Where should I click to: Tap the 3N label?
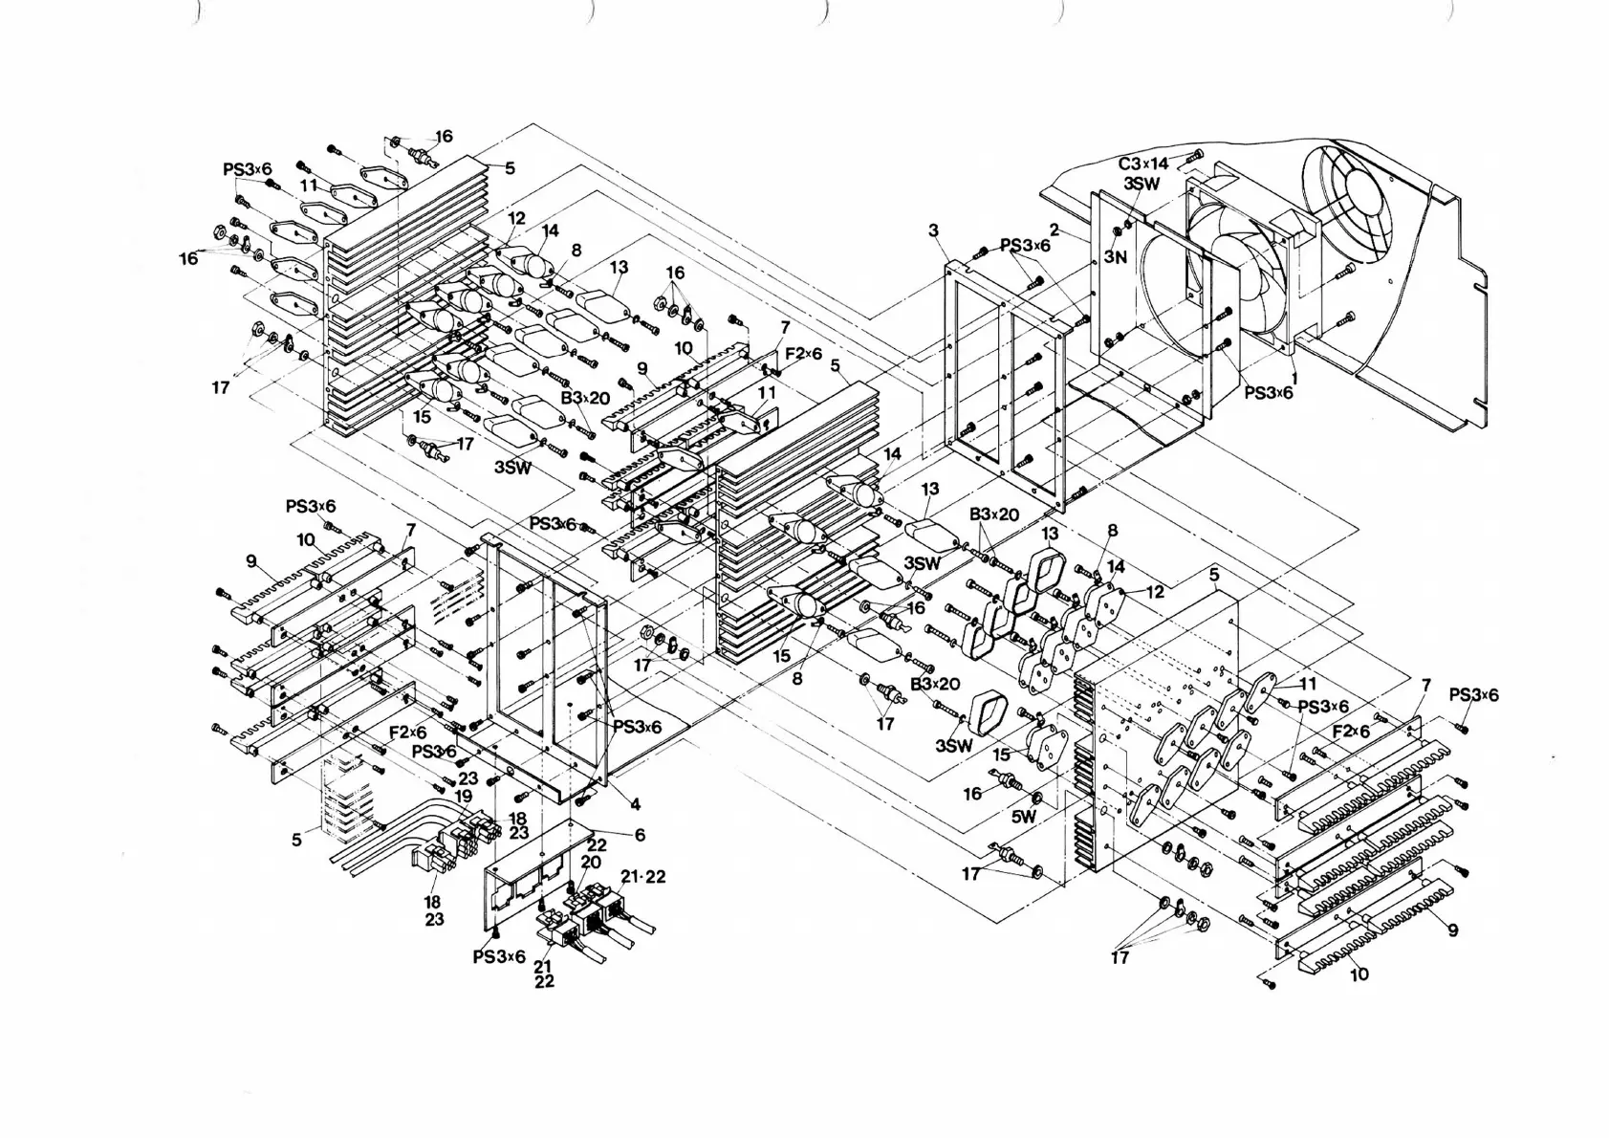click(x=1116, y=256)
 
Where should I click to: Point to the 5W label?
click(x=1024, y=817)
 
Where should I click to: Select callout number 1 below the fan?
click(x=1294, y=379)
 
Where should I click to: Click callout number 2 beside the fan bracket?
click(x=1055, y=230)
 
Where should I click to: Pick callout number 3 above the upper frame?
click(x=933, y=230)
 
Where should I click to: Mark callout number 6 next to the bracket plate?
click(x=640, y=835)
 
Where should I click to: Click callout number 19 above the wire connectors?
click(x=464, y=796)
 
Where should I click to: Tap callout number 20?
click(x=591, y=862)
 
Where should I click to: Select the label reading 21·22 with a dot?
click(x=642, y=877)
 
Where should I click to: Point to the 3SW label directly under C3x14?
click(x=1141, y=184)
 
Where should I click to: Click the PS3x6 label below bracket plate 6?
click(x=499, y=956)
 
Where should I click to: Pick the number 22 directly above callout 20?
click(x=597, y=844)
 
